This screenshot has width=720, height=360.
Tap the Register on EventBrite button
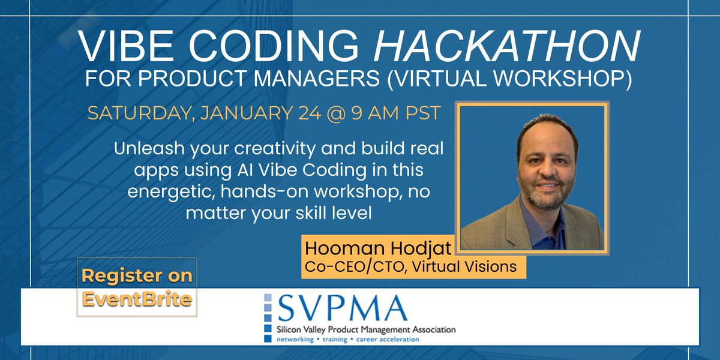pyautogui.click(x=137, y=286)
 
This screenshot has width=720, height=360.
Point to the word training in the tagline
pyautogui.click(x=335, y=339)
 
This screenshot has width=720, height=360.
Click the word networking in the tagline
pyautogui.click(x=293, y=339)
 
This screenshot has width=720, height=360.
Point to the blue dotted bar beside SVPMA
pyautogui.click(x=268, y=319)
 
